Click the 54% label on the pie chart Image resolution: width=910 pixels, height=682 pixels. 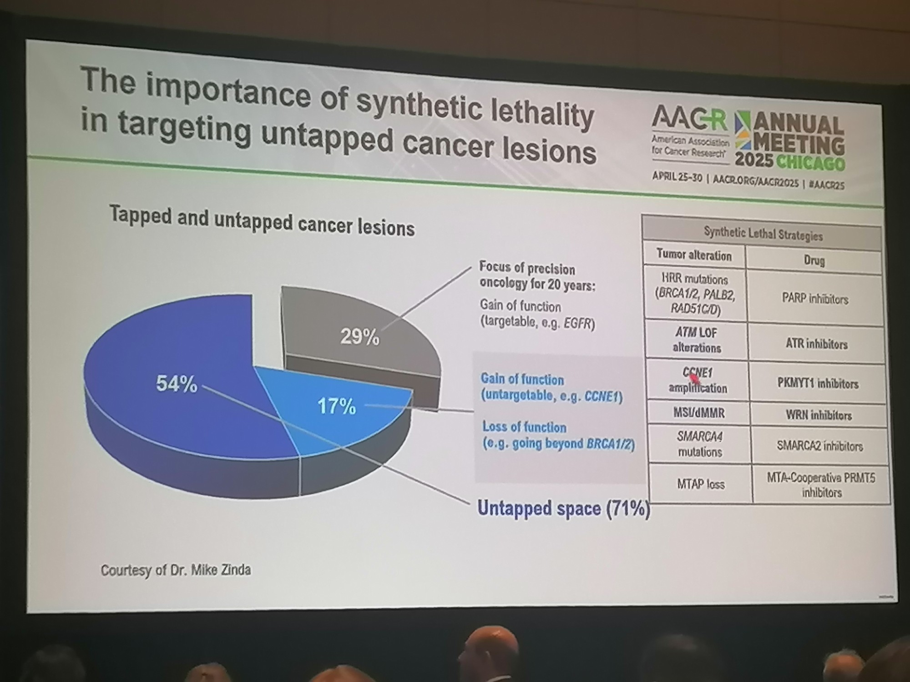click(177, 384)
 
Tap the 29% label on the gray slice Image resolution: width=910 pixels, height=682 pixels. click(359, 337)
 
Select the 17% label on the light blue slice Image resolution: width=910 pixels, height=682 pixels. click(336, 406)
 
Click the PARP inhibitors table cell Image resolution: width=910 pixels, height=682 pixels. click(815, 299)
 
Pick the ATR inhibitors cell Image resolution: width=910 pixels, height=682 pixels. click(816, 344)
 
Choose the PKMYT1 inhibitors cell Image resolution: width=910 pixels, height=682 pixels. click(818, 383)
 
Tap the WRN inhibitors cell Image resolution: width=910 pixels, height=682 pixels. click(818, 415)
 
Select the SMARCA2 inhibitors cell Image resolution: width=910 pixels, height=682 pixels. click(819, 446)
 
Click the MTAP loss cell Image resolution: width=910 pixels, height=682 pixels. click(700, 484)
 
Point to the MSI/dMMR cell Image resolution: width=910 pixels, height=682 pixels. click(699, 413)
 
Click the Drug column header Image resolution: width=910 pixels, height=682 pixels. click(814, 261)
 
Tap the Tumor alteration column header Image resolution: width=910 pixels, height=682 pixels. click(694, 255)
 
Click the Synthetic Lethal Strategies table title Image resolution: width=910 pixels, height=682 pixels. click(763, 235)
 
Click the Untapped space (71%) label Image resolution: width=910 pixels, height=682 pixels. click(563, 508)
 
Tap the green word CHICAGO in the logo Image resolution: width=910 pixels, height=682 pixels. click(810, 162)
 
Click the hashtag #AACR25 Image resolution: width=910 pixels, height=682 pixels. click(827, 185)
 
